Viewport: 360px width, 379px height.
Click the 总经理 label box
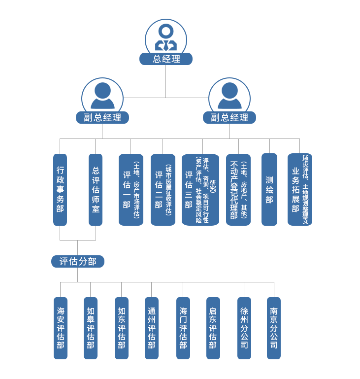(165, 59)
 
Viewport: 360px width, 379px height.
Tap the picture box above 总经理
(165, 35)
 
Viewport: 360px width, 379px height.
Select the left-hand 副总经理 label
(102, 117)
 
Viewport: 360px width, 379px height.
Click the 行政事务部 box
(60, 189)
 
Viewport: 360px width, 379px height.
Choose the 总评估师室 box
(96, 189)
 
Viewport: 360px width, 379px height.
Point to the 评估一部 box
(131, 189)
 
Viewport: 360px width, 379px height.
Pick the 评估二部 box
(163, 189)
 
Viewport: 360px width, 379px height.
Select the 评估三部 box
(200, 189)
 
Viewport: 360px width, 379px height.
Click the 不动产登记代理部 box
(238, 189)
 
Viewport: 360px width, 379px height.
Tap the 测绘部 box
(269, 189)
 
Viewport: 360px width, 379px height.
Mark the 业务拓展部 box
(299, 189)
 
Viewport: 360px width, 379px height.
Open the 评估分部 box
(78, 261)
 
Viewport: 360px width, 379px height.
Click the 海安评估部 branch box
(60, 327)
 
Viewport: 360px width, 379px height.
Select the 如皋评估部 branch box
(90, 327)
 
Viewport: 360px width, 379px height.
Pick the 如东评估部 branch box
(121, 327)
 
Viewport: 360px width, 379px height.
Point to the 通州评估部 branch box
(151, 327)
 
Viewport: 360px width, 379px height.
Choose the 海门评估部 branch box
(183, 327)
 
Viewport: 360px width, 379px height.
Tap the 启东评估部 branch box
(213, 327)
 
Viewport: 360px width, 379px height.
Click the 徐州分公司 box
(244, 327)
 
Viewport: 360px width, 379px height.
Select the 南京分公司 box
(273, 327)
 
